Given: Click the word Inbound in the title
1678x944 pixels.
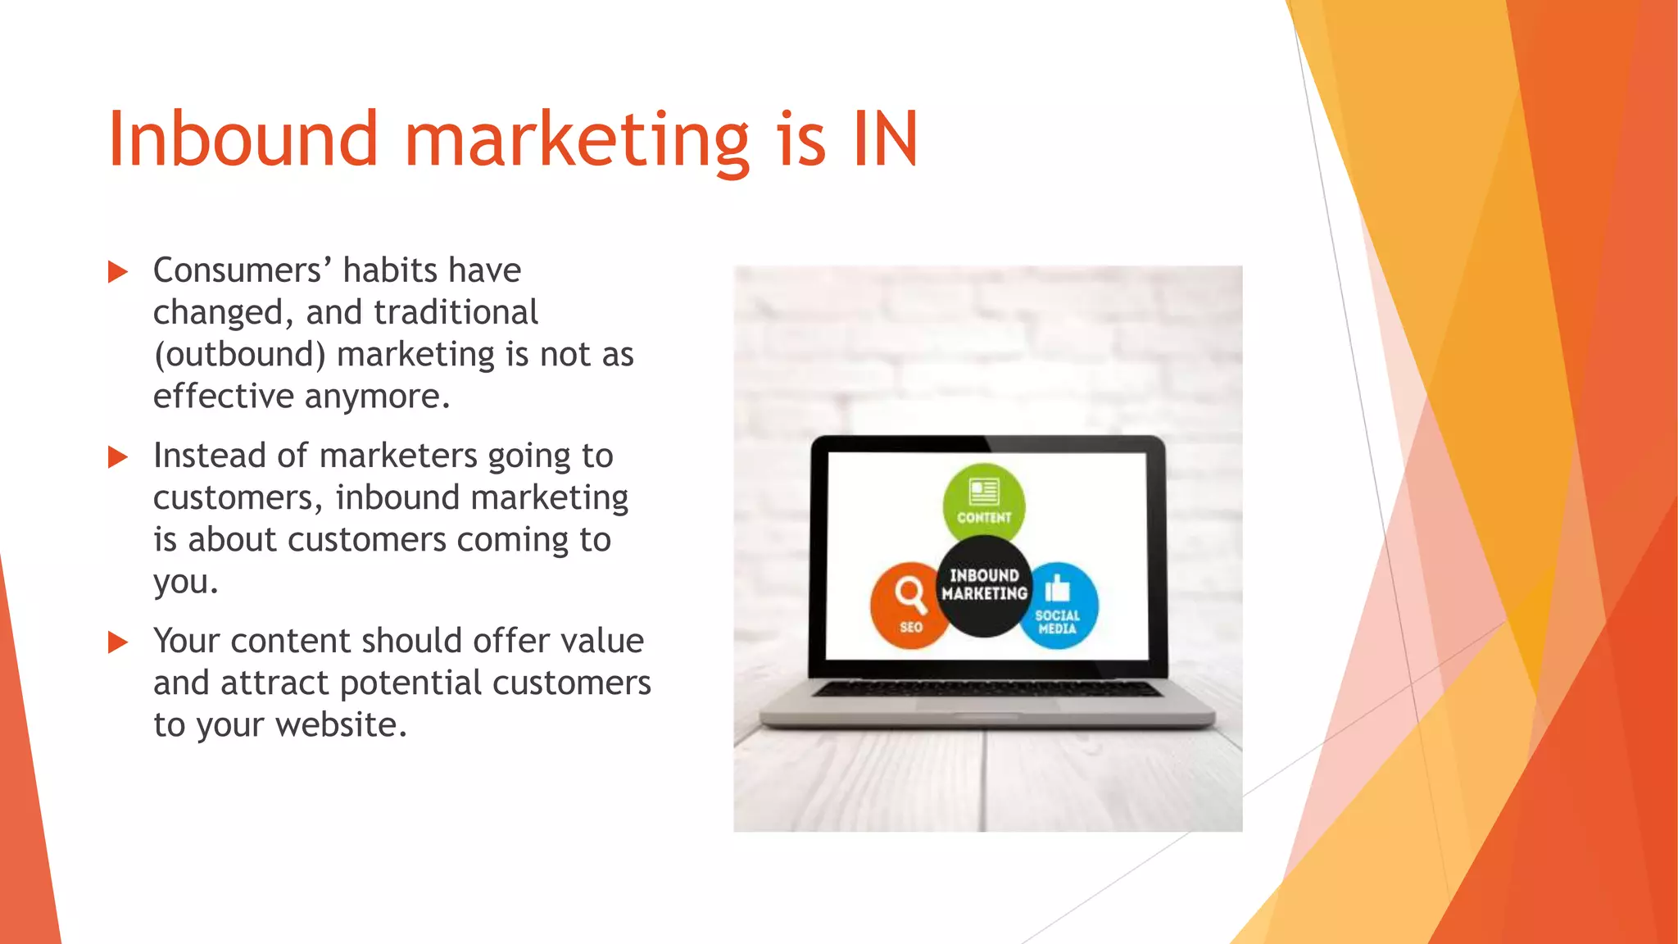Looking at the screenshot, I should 243,139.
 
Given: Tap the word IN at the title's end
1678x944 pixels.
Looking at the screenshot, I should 885,139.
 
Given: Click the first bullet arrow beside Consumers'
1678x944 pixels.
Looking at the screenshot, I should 118,272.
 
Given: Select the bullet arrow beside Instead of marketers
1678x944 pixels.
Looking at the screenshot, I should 118,457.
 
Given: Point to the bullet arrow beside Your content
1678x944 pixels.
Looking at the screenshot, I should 118,642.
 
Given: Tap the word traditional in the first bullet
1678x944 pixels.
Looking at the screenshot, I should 456,313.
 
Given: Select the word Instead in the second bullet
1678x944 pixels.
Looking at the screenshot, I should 210,456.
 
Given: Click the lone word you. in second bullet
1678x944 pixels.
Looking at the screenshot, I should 185,583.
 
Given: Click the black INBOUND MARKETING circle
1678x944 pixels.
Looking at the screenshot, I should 984,585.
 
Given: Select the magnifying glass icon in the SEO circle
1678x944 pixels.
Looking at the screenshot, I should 910,593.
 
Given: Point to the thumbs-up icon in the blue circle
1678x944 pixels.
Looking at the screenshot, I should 1058,588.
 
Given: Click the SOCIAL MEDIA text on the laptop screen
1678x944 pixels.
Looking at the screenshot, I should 1057,622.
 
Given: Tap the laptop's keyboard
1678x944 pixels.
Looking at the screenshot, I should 986,689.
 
